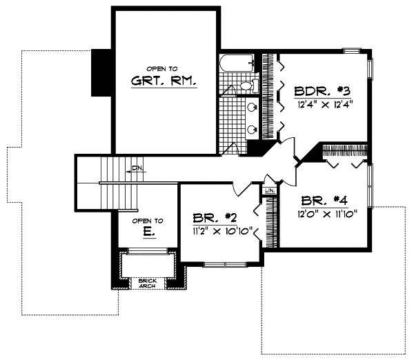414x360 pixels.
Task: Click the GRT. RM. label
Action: click(164, 81)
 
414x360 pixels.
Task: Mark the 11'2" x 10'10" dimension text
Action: click(222, 230)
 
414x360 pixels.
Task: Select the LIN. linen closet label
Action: click(269, 190)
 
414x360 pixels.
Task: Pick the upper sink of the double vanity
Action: click(252, 108)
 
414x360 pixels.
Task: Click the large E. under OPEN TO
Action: click(148, 234)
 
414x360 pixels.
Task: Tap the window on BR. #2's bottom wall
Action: click(224, 264)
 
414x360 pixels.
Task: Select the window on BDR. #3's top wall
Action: click(352, 49)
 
